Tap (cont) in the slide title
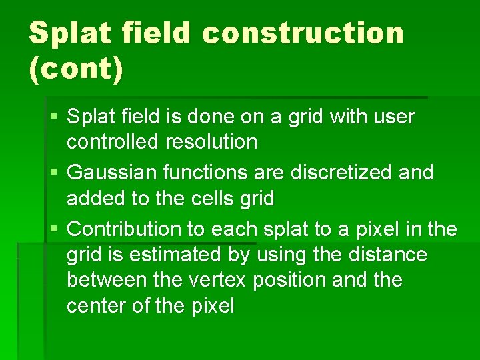pos(76,69)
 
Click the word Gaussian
pos(109,173)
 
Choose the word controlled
pos(112,142)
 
